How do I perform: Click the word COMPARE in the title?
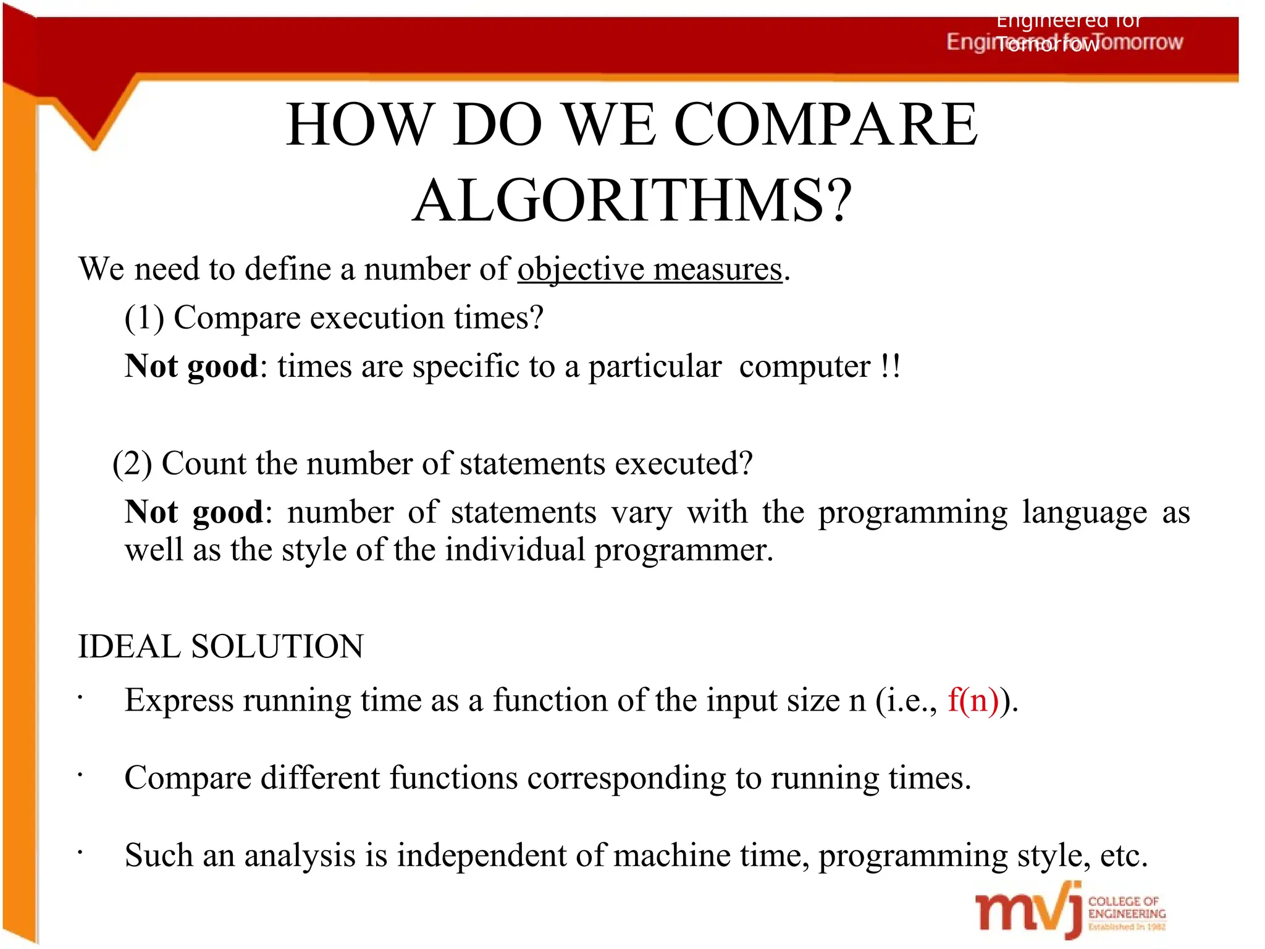826,125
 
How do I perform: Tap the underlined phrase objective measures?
650,270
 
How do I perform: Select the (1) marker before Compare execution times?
144,319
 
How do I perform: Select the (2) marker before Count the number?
132,464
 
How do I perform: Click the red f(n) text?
973,701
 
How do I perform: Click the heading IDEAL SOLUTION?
221,647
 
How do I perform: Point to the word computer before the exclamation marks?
804,367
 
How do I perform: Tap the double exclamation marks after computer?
890,366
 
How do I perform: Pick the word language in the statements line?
1084,513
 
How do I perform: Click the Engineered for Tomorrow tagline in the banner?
1064,42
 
